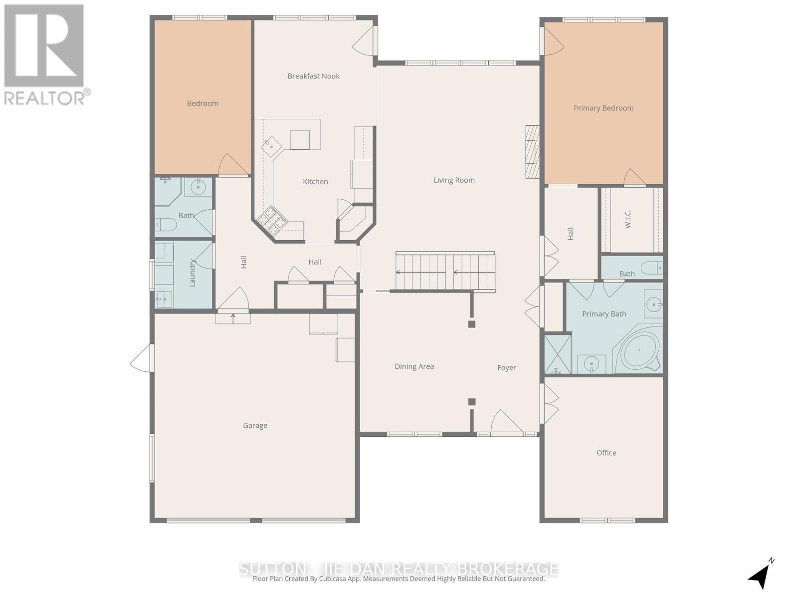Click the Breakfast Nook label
313,76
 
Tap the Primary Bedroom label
603,108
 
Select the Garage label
255,426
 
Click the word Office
606,453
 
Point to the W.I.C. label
628,219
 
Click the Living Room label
454,180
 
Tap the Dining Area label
414,366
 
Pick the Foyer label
506,368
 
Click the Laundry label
192,273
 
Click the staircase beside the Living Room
445,272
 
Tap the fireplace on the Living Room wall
532,152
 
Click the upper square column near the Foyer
471,324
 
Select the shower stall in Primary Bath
557,354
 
